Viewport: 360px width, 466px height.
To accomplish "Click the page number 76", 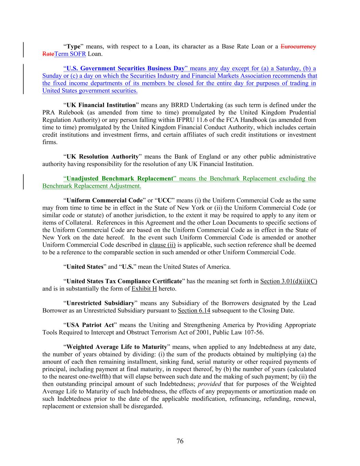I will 180,441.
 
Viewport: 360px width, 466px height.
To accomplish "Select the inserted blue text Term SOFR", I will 70,54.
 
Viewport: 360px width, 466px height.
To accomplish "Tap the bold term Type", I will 73,46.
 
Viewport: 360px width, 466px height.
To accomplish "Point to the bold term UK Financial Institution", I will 101,105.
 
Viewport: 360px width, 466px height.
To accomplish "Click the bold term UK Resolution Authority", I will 102,157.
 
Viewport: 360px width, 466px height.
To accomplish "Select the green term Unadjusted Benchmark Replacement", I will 120,179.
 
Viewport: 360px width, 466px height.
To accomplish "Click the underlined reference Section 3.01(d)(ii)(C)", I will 288,281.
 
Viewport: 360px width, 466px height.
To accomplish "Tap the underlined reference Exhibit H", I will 144,289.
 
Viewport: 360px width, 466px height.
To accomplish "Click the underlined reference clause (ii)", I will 162,245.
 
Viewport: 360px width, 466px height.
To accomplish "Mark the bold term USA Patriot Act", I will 90,325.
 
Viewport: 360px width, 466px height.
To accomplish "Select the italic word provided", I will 209,384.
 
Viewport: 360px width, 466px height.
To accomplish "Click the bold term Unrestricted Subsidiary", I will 100,303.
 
